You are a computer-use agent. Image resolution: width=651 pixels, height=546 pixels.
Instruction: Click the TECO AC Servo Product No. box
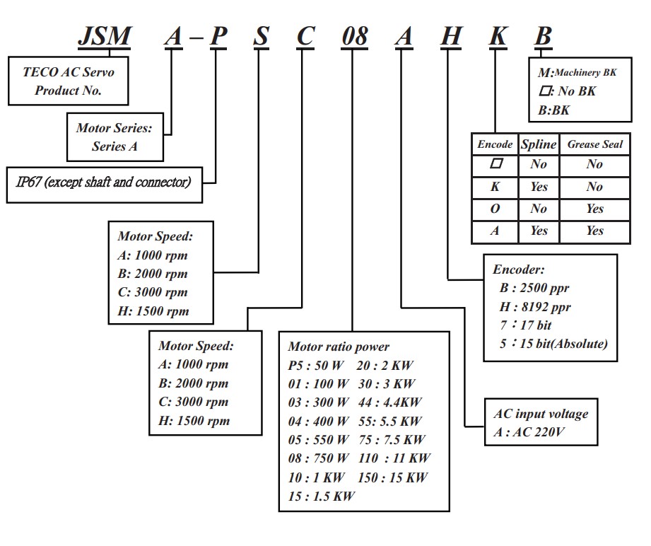[x=69, y=81]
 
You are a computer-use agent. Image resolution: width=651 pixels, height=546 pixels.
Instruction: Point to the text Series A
[x=115, y=146]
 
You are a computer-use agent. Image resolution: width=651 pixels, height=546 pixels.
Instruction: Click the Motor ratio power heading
[x=339, y=347]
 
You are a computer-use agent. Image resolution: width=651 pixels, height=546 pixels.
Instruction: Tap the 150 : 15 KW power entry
[x=393, y=477]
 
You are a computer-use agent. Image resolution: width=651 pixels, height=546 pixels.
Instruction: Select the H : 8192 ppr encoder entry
[x=535, y=307]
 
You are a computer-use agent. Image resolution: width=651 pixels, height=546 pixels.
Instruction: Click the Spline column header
[x=539, y=144]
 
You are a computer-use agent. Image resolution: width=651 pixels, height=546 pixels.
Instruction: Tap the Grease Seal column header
[x=595, y=144]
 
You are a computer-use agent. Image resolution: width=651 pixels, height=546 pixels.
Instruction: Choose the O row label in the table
[x=495, y=209]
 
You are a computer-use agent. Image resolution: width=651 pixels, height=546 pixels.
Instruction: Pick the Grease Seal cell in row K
[x=595, y=187]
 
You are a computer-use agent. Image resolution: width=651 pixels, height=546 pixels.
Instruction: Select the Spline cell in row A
[x=539, y=231]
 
